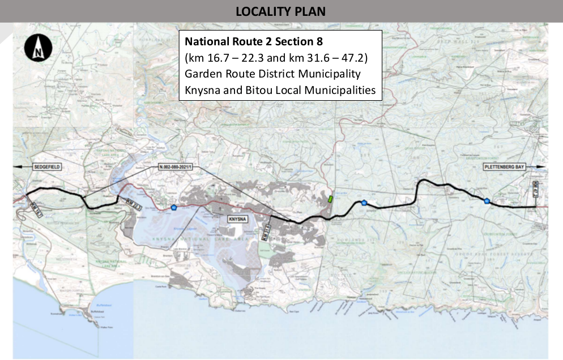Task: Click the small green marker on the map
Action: tap(330, 199)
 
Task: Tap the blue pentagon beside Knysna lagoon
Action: tap(173, 208)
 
